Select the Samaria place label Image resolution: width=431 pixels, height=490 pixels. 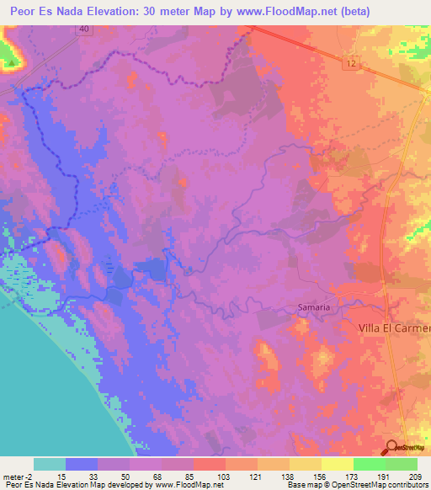point(313,308)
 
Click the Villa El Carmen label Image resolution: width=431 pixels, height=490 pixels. point(394,328)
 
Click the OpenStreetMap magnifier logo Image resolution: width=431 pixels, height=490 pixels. point(392,448)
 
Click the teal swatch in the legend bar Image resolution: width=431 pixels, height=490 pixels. point(50,464)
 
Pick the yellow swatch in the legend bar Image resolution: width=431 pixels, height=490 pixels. point(337,464)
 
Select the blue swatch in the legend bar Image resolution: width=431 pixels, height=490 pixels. point(82,464)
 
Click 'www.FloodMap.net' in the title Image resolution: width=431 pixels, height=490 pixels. point(267,11)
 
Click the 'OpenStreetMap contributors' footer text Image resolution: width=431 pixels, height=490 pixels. point(385,484)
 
